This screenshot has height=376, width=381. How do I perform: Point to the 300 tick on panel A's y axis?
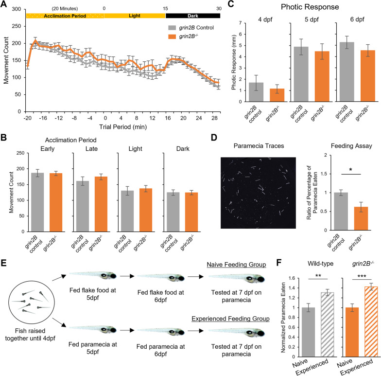click(x=18, y=9)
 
